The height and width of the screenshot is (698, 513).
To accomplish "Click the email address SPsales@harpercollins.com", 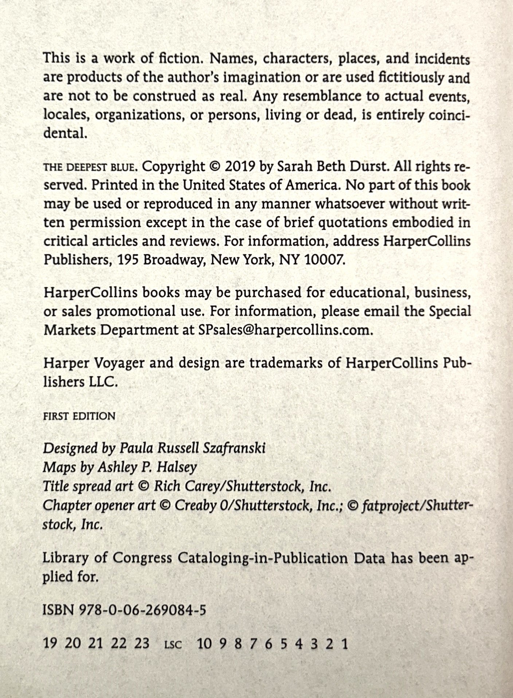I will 285,330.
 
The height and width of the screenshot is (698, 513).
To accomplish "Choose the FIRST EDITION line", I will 79,416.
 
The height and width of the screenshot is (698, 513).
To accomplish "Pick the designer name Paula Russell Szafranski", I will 192,448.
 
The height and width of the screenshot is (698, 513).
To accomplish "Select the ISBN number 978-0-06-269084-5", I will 142,610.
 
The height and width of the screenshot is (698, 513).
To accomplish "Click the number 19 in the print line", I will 50,643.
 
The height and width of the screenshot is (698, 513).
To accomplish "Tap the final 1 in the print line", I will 344,643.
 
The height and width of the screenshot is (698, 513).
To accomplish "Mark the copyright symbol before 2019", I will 215,167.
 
